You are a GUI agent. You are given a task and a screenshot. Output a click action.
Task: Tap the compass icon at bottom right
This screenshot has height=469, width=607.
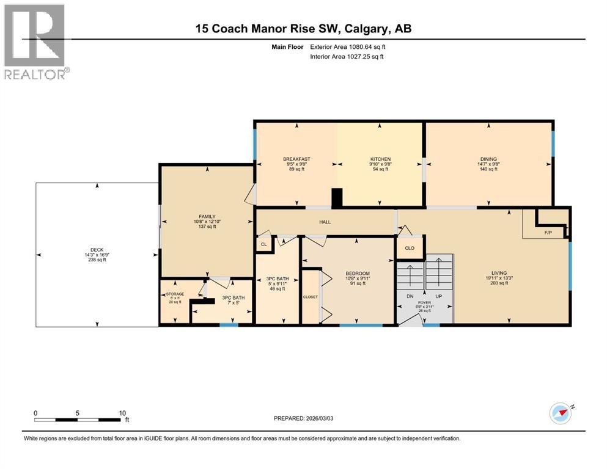pos(561,413)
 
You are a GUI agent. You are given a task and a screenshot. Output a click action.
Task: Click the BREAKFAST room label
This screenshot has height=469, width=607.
pos(296,159)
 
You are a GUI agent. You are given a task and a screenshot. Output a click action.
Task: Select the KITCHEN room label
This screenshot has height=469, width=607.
pos(380,159)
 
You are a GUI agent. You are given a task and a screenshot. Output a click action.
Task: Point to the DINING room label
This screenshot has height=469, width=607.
pos(488,159)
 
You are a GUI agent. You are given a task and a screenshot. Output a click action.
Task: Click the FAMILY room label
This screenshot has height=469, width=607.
pos(206,216)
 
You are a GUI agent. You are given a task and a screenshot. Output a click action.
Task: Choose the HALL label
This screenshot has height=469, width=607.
pos(325,222)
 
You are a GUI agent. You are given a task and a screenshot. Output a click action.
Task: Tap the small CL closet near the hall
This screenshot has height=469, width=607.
pos(263,244)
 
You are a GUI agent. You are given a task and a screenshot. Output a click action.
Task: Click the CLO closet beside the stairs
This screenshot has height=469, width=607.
pos(410,249)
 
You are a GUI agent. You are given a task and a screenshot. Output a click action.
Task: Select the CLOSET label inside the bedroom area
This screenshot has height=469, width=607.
pos(311,296)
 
